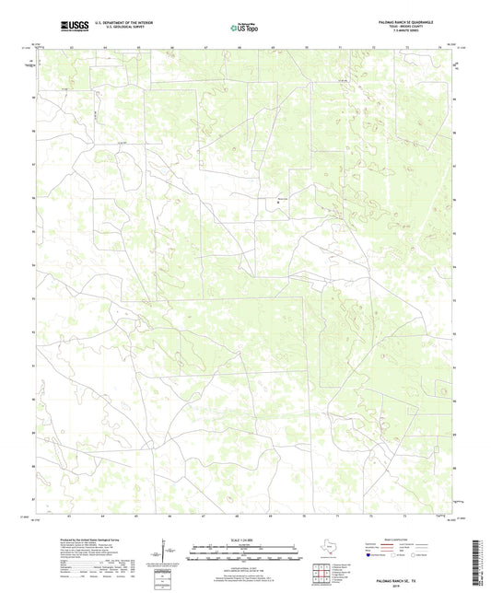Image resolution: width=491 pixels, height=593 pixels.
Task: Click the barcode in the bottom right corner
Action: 476,563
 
